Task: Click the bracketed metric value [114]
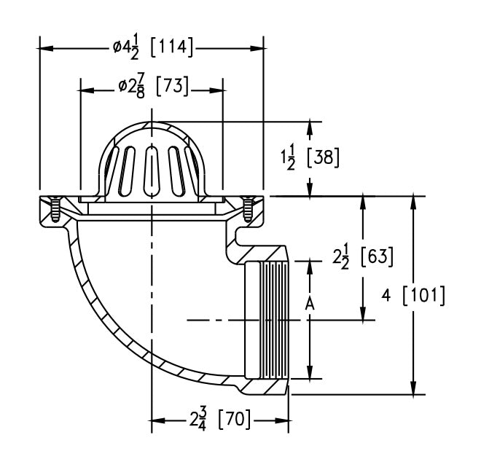pos(172,48)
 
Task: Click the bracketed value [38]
pos(323,157)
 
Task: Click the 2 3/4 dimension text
pos(196,420)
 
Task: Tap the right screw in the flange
pos(248,210)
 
